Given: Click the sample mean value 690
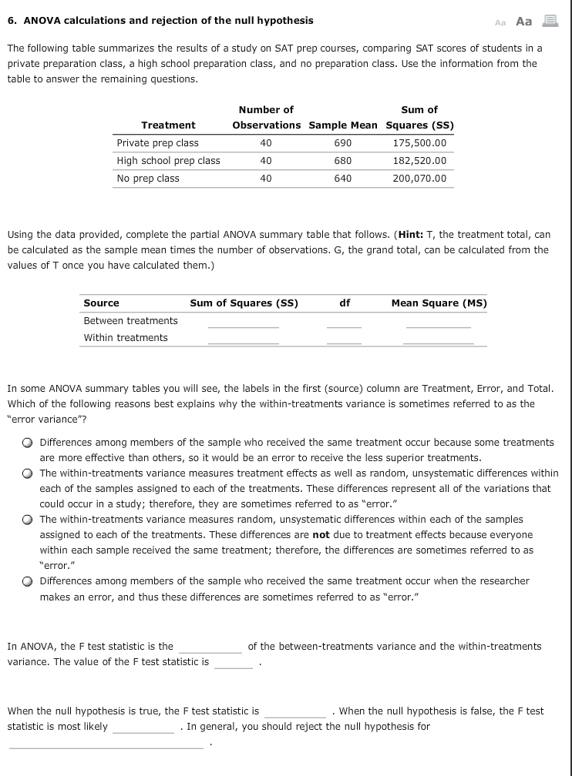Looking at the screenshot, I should click(x=343, y=143).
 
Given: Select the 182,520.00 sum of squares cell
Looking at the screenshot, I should click(x=419, y=161).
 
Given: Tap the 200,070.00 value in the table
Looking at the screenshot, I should click(x=419, y=179).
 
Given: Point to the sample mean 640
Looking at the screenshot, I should click(x=343, y=179).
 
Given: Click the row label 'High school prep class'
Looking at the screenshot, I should click(x=168, y=161).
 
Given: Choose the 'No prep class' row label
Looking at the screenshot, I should click(x=148, y=179).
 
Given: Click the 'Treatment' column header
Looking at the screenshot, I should click(x=168, y=125).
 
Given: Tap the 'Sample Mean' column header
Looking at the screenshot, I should click(x=343, y=125).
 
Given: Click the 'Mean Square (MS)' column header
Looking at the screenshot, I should click(x=439, y=303).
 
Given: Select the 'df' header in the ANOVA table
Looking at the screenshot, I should click(x=345, y=303).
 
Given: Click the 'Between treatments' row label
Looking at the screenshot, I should click(x=130, y=321).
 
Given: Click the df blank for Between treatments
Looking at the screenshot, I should click(x=344, y=323).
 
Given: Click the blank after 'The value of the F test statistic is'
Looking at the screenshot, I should click(x=233, y=664).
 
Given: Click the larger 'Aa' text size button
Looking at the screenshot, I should click(x=523, y=21).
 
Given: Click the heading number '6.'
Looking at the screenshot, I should click(x=12, y=20).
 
